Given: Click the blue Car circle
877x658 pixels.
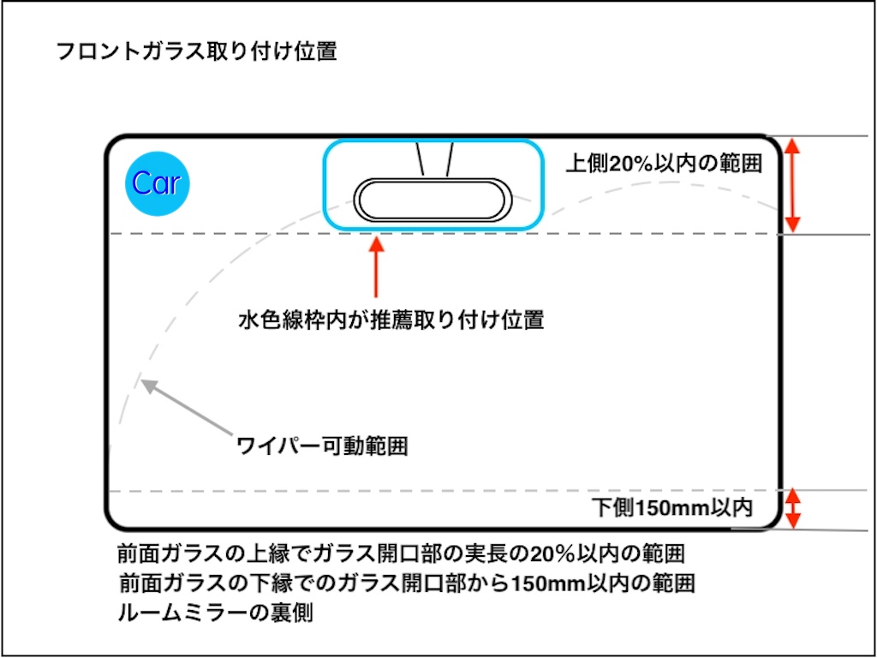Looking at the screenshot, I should pyautogui.click(x=157, y=183).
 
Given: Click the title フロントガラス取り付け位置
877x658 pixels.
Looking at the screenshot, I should pyautogui.click(x=196, y=52).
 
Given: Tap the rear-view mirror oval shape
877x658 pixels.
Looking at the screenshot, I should pyautogui.click(x=433, y=200).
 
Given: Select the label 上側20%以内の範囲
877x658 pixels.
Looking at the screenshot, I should pyautogui.click(x=664, y=164).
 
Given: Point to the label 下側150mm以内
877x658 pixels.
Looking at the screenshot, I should pyautogui.click(x=673, y=508).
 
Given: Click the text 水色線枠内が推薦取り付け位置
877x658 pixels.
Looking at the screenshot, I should pyautogui.click(x=391, y=321).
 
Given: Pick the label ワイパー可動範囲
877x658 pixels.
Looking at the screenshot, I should pyautogui.click(x=321, y=446).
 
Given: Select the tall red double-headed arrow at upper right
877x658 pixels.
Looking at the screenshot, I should pyautogui.click(x=793, y=185).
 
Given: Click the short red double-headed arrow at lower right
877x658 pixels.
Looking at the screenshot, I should pyautogui.click(x=793, y=508).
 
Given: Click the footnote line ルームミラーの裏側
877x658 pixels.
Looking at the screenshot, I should pyautogui.click(x=216, y=614).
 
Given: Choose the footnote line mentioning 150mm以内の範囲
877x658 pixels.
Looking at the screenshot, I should pyautogui.click(x=407, y=584).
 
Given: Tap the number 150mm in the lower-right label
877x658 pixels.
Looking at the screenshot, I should pyautogui.click(x=673, y=508).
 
